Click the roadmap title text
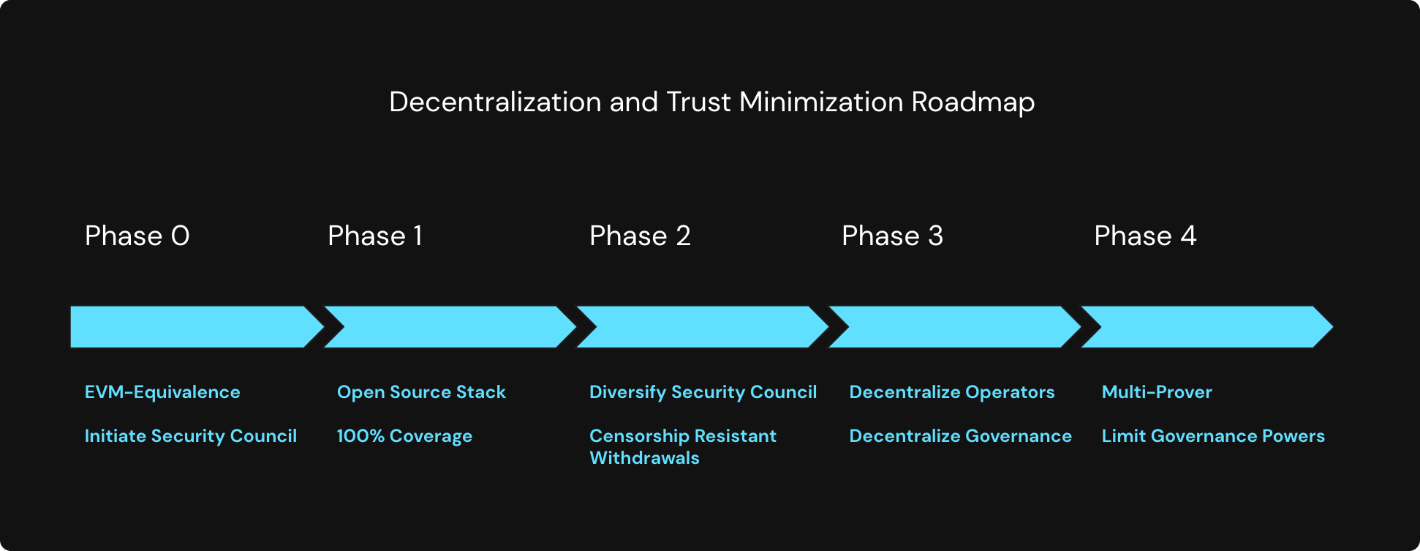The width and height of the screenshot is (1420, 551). [711, 102]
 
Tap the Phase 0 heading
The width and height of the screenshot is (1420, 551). [137, 236]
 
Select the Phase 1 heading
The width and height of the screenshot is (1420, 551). [374, 236]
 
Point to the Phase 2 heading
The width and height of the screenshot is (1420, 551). [640, 236]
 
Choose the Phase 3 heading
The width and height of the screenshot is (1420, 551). [892, 236]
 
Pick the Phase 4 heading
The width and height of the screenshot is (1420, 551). [1145, 236]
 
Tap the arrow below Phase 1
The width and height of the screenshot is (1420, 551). [450, 326]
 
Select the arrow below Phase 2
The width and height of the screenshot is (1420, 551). [702, 326]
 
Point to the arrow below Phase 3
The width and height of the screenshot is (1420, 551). [954, 326]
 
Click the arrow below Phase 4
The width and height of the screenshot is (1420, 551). [1206, 326]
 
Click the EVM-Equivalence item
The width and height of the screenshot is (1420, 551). [162, 392]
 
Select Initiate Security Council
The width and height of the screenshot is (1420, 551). [191, 436]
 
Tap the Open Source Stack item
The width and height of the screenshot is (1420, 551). [421, 392]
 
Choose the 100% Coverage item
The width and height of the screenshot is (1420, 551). [404, 436]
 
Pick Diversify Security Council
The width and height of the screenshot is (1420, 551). [703, 392]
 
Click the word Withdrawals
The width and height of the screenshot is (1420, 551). [644, 458]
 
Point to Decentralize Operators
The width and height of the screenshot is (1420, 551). [951, 392]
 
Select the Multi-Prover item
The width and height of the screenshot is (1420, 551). [1157, 392]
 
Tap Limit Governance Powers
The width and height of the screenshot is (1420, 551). [1213, 436]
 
